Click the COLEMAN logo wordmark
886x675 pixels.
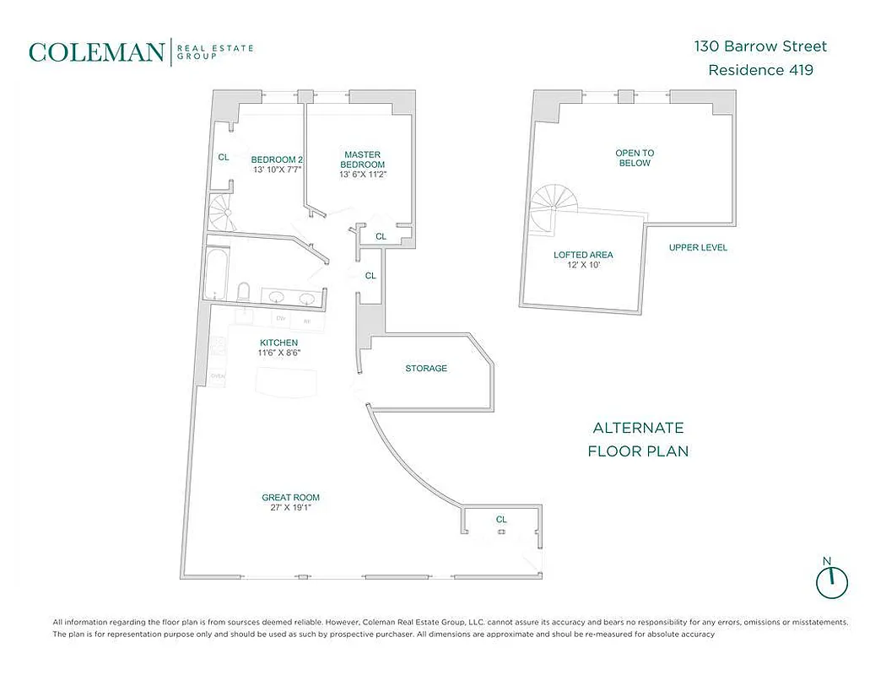(x=97, y=52)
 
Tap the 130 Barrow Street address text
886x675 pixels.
(x=760, y=46)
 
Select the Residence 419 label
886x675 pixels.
(x=760, y=70)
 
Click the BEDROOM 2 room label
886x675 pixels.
(x=277, y=159)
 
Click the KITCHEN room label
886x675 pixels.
(x=278, y=343)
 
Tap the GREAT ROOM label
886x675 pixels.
(x=290, y=498)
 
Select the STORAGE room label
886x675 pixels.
(x=426, y=369)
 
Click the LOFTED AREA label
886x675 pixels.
(x=583, y=255)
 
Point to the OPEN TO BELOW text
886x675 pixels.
(x=635, y=158)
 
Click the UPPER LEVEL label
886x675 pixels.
(x=698, y=248)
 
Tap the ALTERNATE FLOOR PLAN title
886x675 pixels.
(x=638, y=440)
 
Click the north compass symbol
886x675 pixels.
(x=832, y=580)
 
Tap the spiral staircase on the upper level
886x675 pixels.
(x=548, y=208)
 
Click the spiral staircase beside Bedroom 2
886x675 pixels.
(x=223, y=214)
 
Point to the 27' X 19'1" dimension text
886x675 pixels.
(x=290, y=508)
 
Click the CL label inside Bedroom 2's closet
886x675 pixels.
(x=224, y=157)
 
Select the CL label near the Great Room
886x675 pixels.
(x=501, y=520)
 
